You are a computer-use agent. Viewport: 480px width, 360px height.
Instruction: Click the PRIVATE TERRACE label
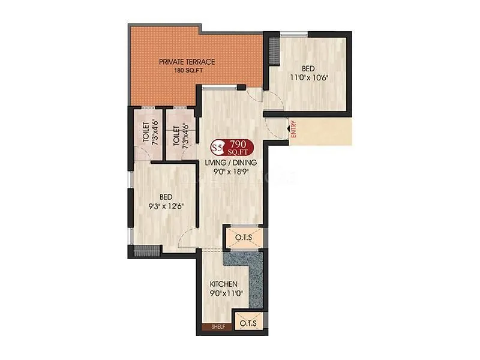[x=187, y=61]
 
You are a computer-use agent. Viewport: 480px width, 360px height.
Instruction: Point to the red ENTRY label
[x=294, y=130]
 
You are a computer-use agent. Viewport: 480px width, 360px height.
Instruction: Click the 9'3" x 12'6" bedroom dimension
[x=166, y=206]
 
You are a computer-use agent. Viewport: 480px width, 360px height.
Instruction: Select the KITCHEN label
[x=224, y=284]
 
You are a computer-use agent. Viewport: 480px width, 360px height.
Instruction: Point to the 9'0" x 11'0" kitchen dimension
[x=224, y=294]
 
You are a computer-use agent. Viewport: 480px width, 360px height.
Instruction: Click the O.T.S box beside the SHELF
[x=248, y=323]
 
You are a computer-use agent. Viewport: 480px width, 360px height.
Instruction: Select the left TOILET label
[x=146, y=130]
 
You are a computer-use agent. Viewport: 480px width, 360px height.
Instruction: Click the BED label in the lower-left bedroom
[x=166, y=196]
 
